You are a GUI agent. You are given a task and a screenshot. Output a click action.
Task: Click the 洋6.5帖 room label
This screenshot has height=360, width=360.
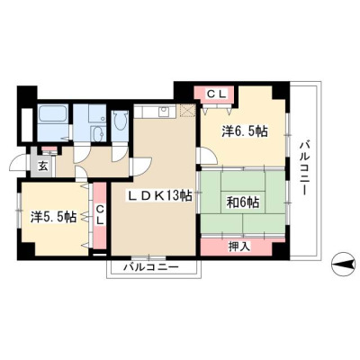click(x=245, y=131)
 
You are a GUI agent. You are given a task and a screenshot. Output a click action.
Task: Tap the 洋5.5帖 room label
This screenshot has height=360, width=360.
click(x=53, y=217)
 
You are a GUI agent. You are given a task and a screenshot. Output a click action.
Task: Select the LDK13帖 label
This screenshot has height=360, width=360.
click(x=160, y=196)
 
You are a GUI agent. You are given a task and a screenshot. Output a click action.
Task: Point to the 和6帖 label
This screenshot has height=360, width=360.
click(x=243, y=202)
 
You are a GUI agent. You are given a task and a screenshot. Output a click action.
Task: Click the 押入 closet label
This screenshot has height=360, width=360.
click(x=238, y=247)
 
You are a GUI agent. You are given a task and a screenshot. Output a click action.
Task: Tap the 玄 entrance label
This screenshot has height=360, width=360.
click(x=43, y=166)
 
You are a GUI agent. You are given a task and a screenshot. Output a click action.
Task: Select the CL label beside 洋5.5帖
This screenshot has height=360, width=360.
click(x=100, y=215)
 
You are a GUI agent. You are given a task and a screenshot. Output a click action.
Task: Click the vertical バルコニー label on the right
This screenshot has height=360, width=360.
click(x=304, y=168)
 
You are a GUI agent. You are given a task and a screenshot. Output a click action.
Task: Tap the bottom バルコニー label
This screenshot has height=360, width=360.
click(x=152, y=266)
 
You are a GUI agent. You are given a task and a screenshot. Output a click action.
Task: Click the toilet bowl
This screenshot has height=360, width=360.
click(x=121, y=121)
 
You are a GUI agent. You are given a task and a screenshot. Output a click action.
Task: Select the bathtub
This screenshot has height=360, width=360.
click(x=53, y=114)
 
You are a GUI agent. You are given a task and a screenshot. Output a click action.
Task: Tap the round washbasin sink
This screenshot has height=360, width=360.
click(x=97, y=133)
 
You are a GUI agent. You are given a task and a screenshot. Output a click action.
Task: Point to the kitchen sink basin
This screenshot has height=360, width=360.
click(x=164, y=112)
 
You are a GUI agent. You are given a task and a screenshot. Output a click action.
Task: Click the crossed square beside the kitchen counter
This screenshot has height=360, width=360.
click(x=187, y=111)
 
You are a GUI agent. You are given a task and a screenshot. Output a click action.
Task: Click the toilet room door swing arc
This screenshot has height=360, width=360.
click(x=121, y=156)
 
